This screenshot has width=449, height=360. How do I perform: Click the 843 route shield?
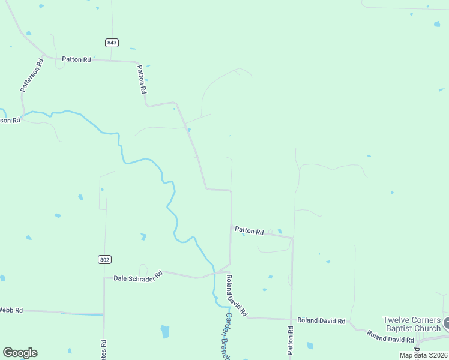pyautogui.click(x=111, y=43)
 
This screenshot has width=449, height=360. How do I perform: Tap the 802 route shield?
pyautogui.click(x=104, y=259)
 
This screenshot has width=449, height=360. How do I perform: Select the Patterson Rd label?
pyautogui.click(x=32, y=75)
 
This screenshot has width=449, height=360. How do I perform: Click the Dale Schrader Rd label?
pyautogui.click(x=138, y=277)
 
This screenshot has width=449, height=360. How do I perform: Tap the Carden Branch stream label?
pyautogui.click(x=228, y=336)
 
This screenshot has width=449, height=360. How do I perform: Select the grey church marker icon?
pyautogui.click(x=447, y=324)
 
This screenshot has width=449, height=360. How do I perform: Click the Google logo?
pyautogui.click(x=20, y=353)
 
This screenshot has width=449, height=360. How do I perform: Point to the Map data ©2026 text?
pyautogui.click(x=423, y=355)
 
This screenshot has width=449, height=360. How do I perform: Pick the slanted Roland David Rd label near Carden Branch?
pyautogui.click(x=236, y=296)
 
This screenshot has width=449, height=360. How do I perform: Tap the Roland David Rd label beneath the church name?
pyautogui.click(x=391, y=338)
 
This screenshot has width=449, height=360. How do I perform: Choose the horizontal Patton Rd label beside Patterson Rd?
pyautogui.click(x=77, y=59)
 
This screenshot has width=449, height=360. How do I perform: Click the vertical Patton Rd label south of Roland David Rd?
pyautogui.click(x=290, y=339)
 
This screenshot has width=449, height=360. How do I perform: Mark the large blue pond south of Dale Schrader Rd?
pyautogui.click(x=164, y=331)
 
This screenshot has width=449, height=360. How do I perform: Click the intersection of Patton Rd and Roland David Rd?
pyautogui.click(x=291, y=319)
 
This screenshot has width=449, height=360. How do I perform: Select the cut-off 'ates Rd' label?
pyautogui.click(x=104, y=349)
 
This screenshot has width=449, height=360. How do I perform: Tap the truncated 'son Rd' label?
pyautogui.click(x=10, y=120)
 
